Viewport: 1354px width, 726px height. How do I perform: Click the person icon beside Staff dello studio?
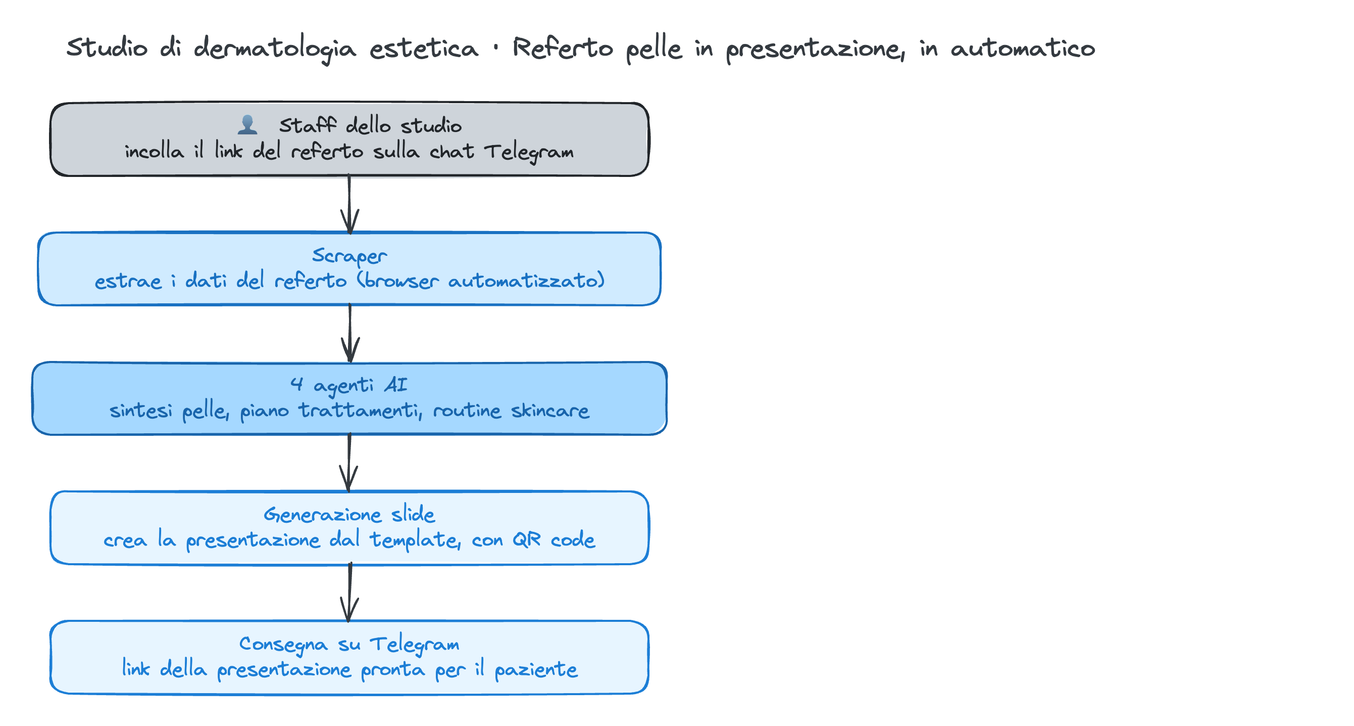click(247, 125)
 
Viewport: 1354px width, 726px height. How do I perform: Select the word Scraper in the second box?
click(349, 256)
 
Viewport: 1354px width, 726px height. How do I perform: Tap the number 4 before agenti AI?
click(297, 385)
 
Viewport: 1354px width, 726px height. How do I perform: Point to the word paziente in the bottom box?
click(536, 670)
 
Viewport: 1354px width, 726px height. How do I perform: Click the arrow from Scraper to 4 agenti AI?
click(350, 334)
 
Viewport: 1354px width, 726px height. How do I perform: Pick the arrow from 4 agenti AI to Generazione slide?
click(349, 463)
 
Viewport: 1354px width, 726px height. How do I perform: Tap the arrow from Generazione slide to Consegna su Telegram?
click(349, 593)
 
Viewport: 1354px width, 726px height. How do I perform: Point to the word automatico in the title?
click(1023, 49)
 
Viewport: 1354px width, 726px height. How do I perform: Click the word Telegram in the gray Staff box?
click(529, 153)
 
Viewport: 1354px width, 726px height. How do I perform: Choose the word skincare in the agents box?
click(550, 411)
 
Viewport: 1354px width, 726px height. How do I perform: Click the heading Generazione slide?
click(349, 515)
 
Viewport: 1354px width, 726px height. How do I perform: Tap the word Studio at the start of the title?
click(107, 48)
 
